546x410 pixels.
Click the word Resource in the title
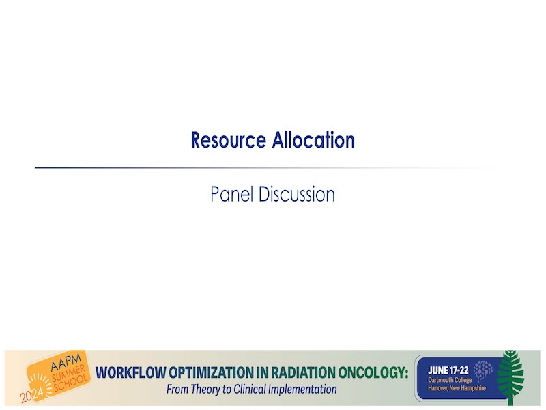pos(229,140)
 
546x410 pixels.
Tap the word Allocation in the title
pos(313,140)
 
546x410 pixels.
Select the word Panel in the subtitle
pos(232,194)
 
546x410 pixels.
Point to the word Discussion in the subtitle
pos(297,194)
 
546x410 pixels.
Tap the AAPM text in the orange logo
pos(66,362)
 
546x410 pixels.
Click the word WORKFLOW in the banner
pos(131,372)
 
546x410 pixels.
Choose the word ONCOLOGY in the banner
pos(373,372)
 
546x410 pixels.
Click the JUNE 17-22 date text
pos(448,370)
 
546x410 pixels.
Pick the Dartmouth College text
pos(450,380)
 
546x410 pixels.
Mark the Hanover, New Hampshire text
pos(457,388)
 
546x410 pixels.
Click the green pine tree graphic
pos(511,377)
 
